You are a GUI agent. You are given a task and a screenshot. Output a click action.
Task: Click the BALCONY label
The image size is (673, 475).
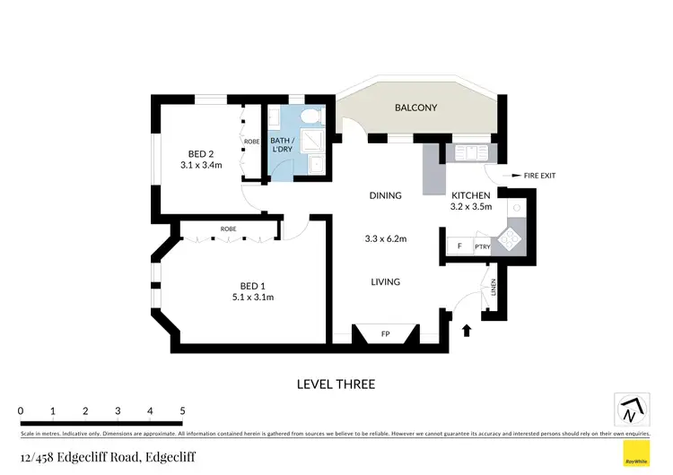(x=415, y=108)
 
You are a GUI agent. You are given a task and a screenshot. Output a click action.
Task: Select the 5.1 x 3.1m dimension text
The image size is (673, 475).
(x=251, y=298)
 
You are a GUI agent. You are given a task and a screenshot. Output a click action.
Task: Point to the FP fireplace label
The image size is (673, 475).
(x=385, y=334)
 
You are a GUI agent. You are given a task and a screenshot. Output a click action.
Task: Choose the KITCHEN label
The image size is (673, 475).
(x=470, y=195)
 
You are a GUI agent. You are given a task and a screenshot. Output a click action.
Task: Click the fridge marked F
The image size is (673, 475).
(x=459, y=246)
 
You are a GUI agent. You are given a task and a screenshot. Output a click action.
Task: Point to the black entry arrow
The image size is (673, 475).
(x=466, y=331)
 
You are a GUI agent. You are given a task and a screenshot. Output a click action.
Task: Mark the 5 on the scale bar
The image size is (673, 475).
(x=182, y=410)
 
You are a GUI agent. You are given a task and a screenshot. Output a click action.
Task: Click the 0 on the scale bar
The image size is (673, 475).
(x=20, y=410)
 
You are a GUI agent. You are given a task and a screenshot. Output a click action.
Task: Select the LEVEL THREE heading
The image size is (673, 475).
(x=336, y=384)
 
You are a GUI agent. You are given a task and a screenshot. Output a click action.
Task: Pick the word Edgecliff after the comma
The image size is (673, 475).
(x=170, y=457)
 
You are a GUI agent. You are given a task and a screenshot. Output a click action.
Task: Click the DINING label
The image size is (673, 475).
(x=385, y=195)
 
